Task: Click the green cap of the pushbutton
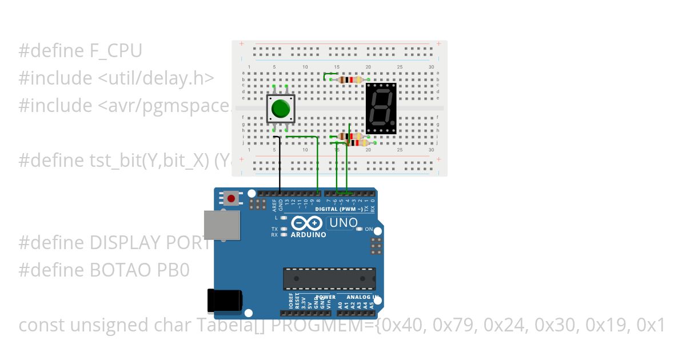pos(280,109)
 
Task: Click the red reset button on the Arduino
pos(231,199)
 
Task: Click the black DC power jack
pos(224,301)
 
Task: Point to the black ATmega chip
pos(329,278)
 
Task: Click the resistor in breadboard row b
pos(350,80)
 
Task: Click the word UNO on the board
pos(344,223)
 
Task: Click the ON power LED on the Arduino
pos(359,229)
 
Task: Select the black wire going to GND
pos(280,166)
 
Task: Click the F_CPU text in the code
pos(116,51)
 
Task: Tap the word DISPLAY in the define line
pos(125,243)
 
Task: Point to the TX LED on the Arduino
pos(283,229)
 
